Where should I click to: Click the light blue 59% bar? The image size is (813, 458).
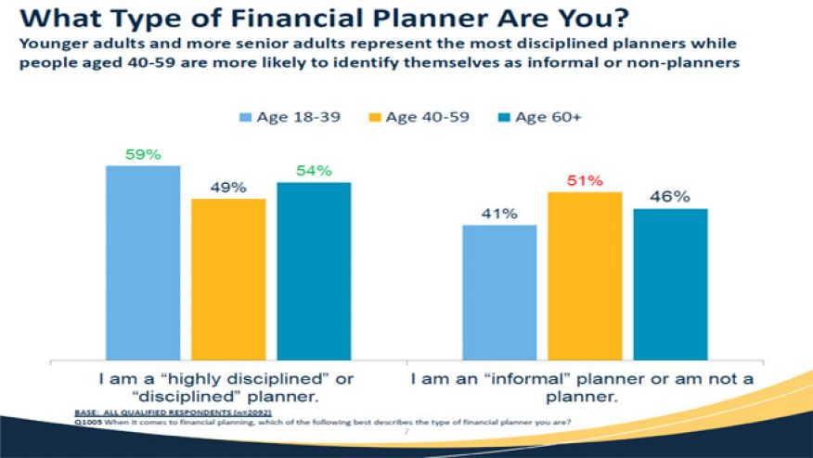coord(143,262)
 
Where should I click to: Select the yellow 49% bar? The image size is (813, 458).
coord(228,279)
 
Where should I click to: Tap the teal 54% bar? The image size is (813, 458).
coord(314,270)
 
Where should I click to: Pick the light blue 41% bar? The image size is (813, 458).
coord(499,292)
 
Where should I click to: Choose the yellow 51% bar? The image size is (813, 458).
coord(585,275)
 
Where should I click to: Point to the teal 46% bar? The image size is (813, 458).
coord(670,283)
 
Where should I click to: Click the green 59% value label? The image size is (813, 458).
coord(143,153)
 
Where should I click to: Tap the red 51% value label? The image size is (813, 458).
coord(585,179)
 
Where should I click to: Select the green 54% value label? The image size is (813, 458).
coord(314,170)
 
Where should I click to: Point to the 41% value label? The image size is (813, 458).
coord(499,213)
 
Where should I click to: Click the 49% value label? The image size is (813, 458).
coord(228,187)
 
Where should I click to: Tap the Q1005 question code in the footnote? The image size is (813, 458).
coord(86,423)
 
